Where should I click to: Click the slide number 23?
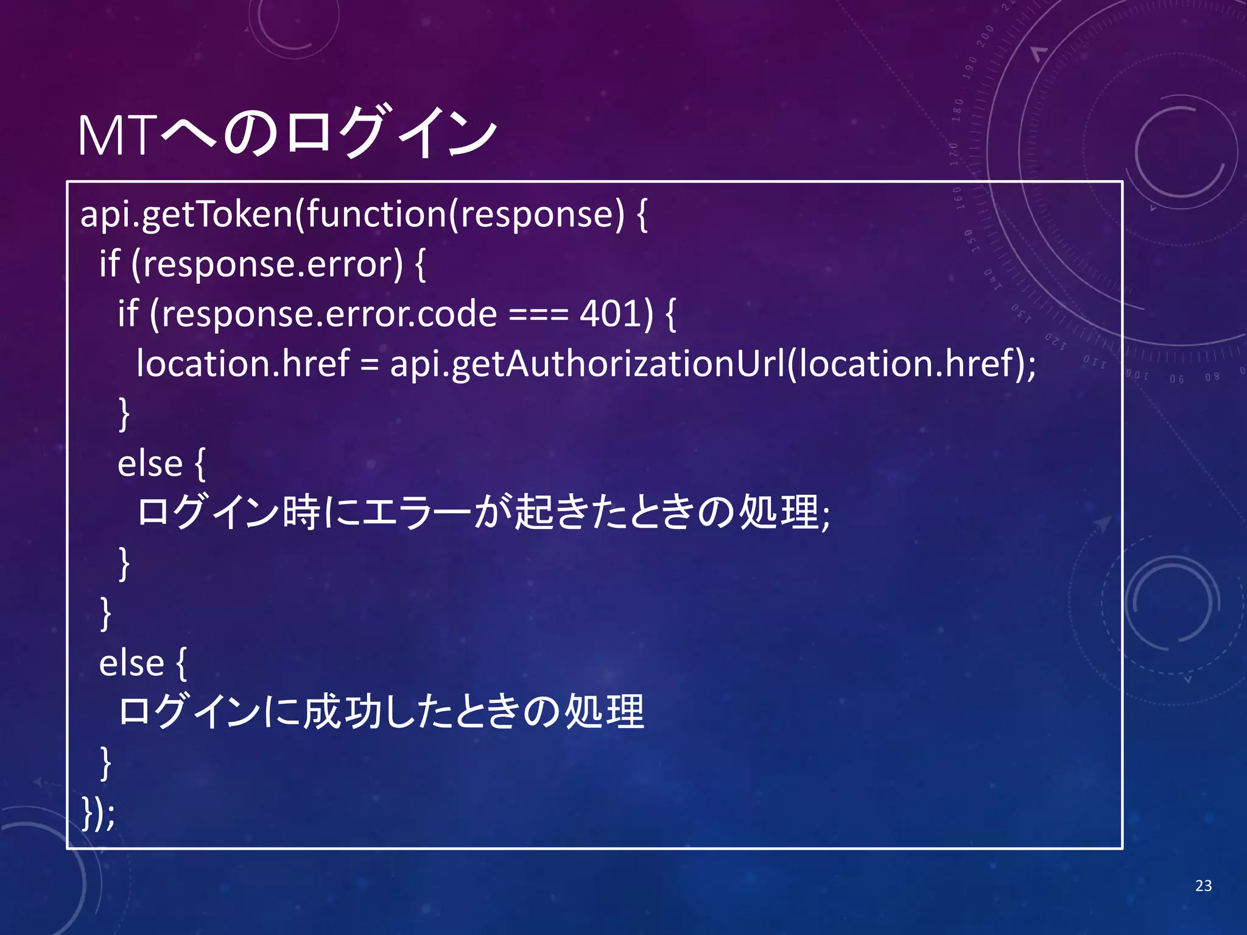tap(1203, 886)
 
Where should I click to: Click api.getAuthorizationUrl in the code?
tap(587, 364)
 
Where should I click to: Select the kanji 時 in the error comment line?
tap(301, 512)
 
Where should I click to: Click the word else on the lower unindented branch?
tap(132, 663)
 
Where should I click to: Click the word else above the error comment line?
tap(150, 464)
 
